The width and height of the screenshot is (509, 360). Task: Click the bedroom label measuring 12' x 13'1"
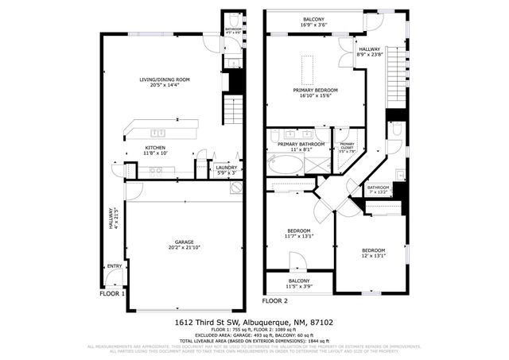372,251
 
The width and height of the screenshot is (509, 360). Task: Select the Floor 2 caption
274,300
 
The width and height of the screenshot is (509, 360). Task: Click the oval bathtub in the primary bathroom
284,165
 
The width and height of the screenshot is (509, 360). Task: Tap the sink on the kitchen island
157,133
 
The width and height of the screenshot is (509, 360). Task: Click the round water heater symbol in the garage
235,188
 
